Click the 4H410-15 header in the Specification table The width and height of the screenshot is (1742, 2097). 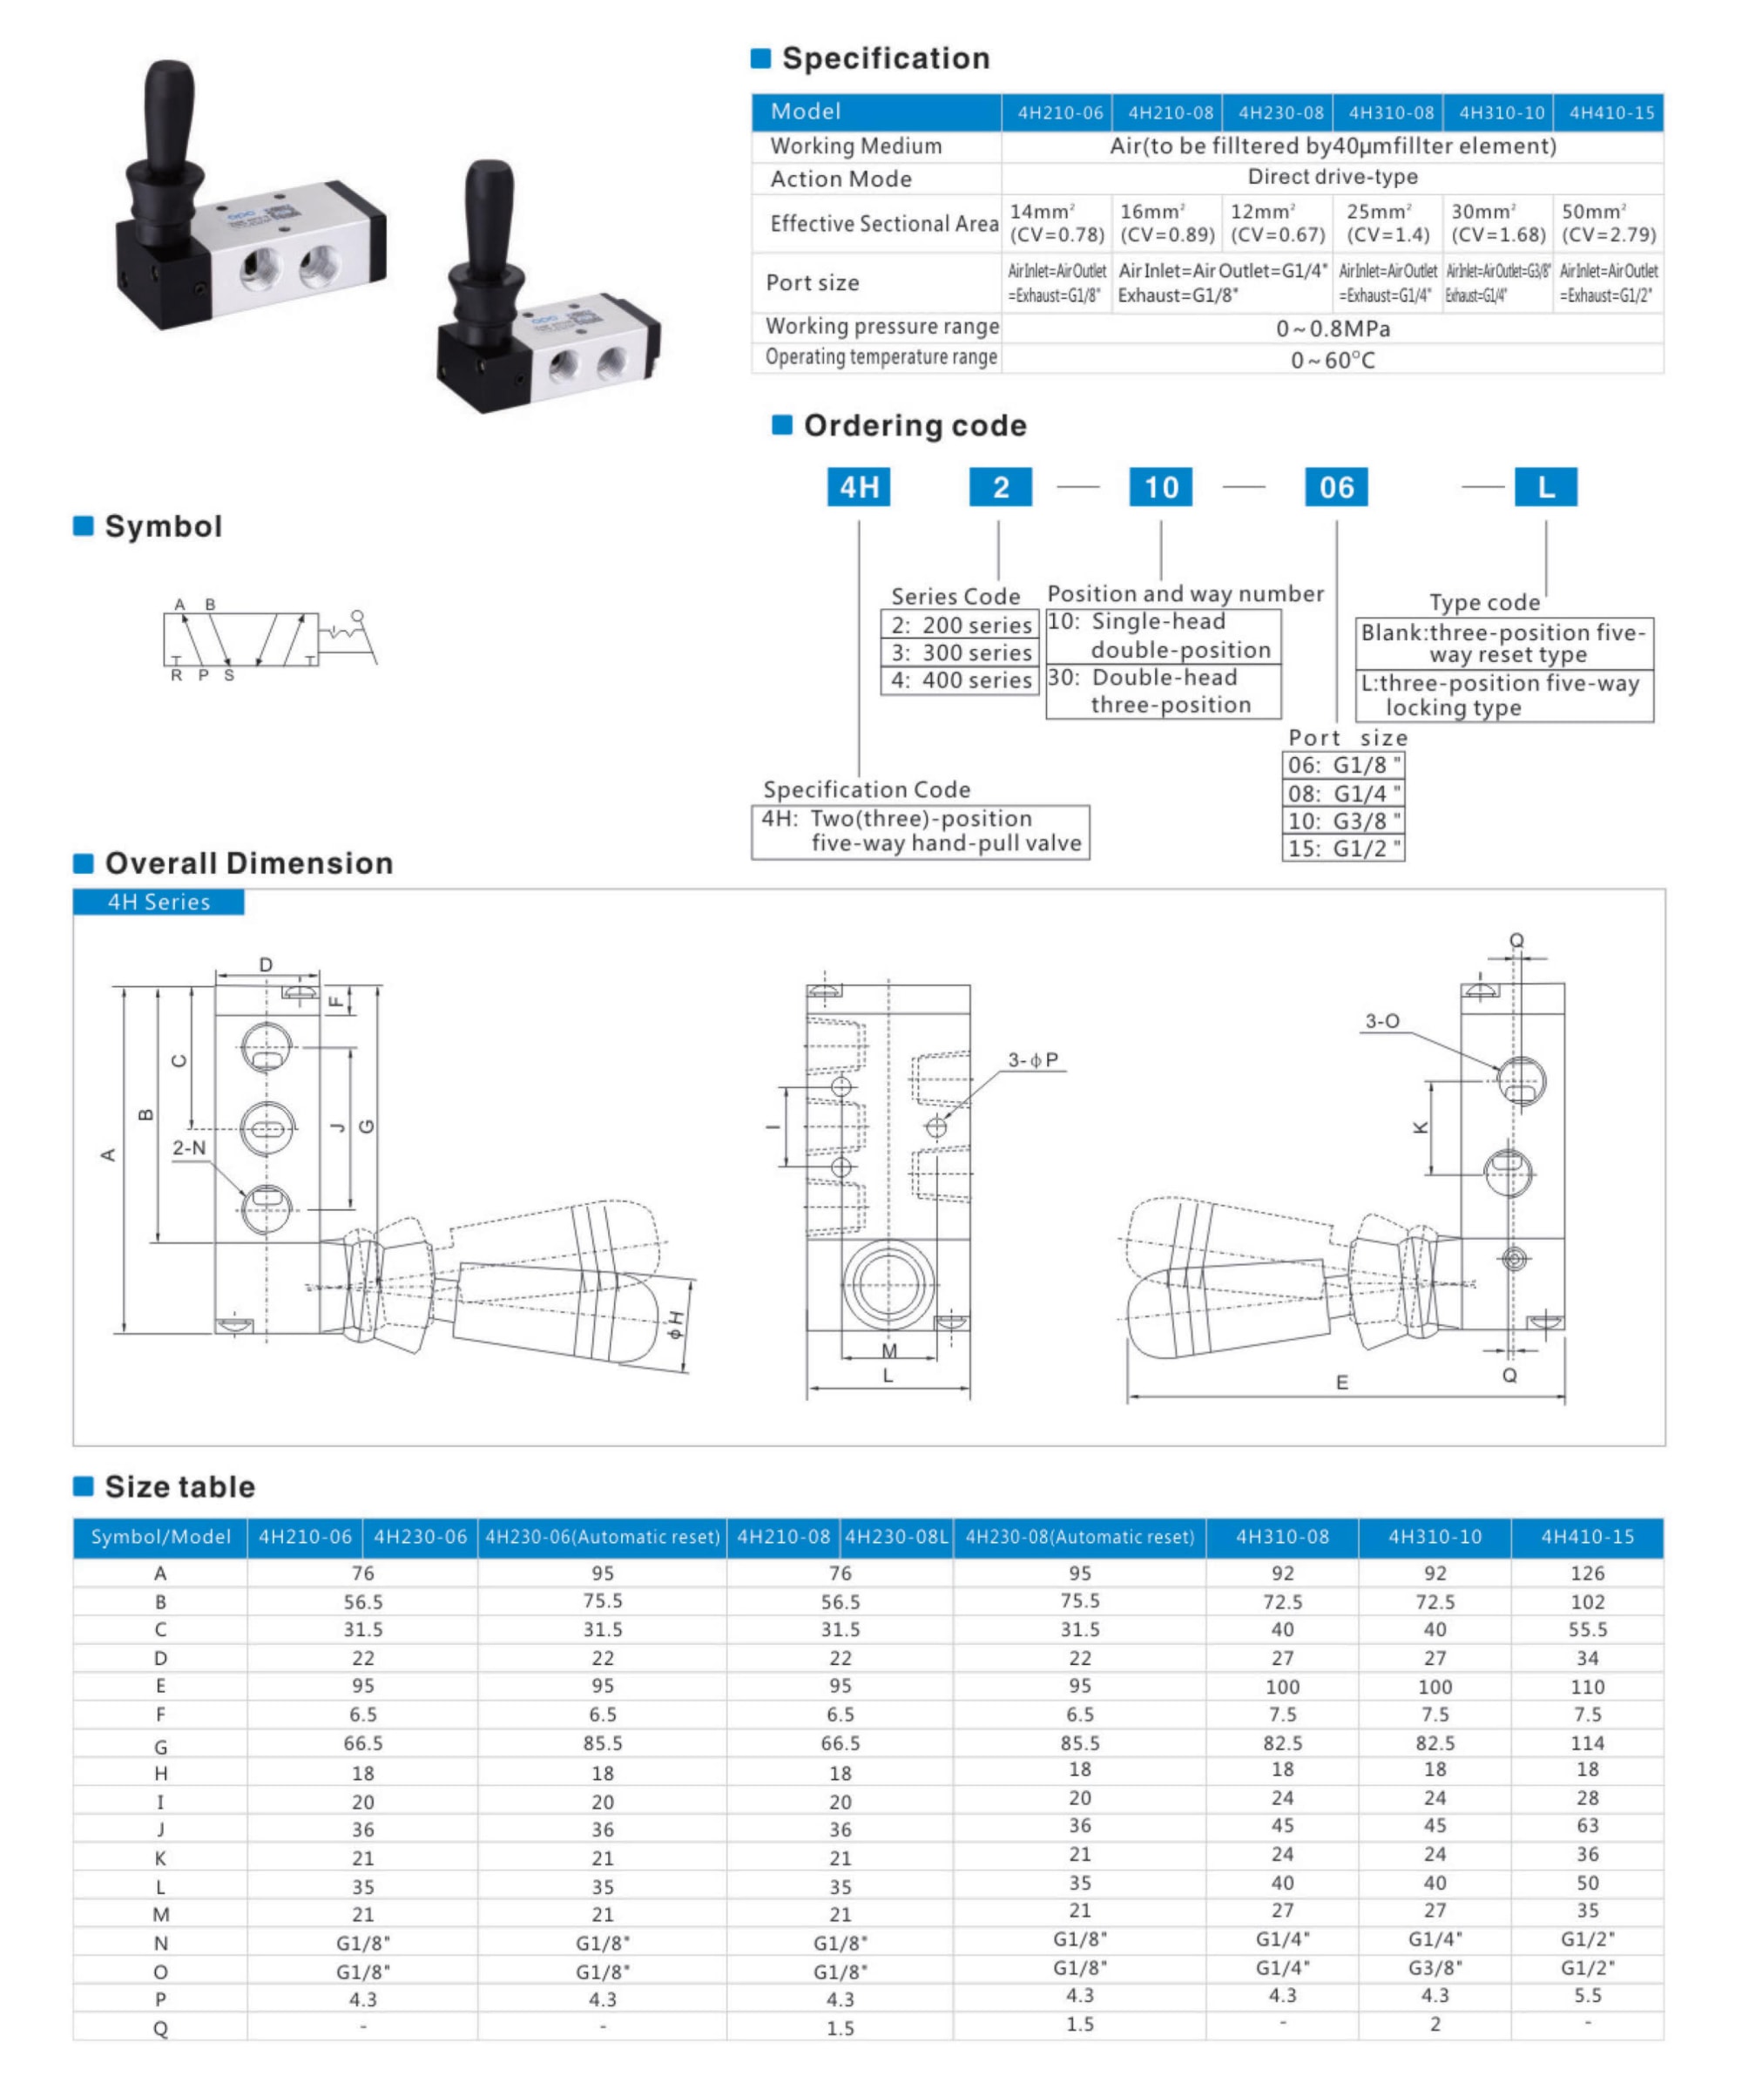tap(1610, 113)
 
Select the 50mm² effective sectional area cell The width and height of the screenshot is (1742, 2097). tap(1608, 223)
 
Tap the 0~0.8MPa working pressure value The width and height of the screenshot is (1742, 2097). tap(1332, 328)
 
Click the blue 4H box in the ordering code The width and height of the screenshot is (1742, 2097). tap(859, 487)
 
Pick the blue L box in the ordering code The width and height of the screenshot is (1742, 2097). tap(1545, 487)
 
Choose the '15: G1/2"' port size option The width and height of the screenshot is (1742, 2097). tap(1343, 849)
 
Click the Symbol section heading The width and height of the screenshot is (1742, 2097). tap(163, 526)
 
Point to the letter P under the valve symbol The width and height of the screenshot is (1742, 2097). tap(204, 675)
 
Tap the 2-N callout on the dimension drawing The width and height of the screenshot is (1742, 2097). tap(189, 1147)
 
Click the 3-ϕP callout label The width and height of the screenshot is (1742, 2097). tap(1032, 1059)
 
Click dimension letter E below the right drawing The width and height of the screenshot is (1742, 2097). tap(1341, 1382)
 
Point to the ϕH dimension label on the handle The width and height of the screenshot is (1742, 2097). tap(678, 1323)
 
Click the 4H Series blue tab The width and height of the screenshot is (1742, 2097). tap(159, 902)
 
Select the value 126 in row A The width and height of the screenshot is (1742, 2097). tap(1586, 1573)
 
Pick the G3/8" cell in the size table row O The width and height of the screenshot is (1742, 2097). tap(1435, 1966)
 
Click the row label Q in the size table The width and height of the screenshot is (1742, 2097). tap(159, 2028)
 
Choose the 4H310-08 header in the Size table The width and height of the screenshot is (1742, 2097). tap(1282, 1537)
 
